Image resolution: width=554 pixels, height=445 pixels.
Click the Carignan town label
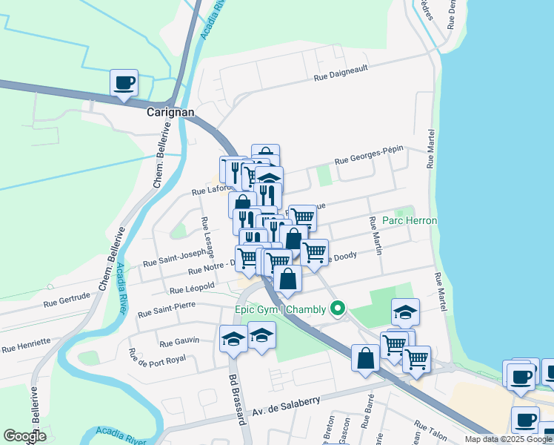tap(170, 112)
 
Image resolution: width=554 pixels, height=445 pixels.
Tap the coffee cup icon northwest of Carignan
tap(124, 82)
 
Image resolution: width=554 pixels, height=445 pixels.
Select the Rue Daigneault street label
tap(341, 72)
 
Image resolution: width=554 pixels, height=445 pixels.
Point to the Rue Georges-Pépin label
tap(369, 155)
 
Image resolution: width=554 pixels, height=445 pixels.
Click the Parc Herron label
tap(410, 221)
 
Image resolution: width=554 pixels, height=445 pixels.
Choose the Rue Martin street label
tap(374, 237)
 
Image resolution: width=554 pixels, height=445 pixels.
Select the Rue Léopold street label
tap(192, 287)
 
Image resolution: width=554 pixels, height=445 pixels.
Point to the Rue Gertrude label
tap(67, 299)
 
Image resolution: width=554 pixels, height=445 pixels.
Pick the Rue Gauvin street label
tap(180, 341)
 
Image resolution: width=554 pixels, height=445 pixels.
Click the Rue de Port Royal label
tap(156, 366)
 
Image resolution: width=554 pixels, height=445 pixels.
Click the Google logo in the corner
tap(24, 436)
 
